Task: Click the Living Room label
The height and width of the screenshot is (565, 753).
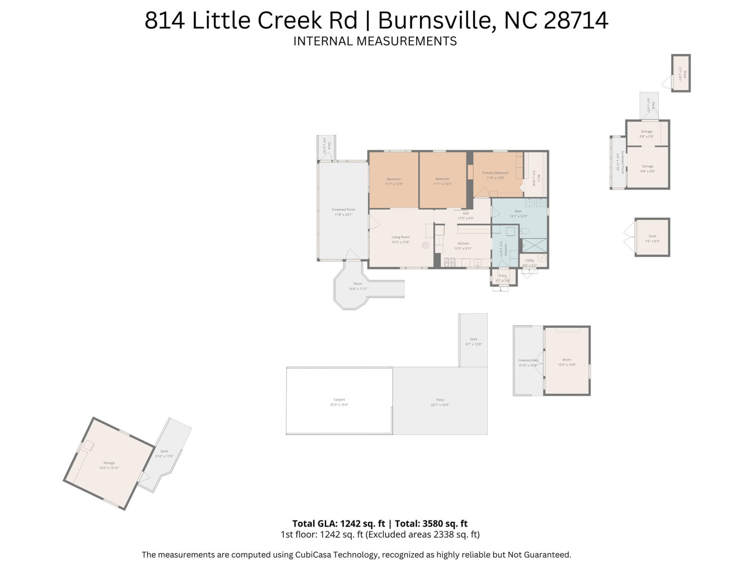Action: (x=400, y=237)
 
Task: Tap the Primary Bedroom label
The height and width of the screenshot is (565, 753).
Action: (x=495, y=173)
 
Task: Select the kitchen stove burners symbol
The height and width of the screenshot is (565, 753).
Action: (x=449, y=262)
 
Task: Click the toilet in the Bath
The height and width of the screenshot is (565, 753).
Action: (x=525, y=231)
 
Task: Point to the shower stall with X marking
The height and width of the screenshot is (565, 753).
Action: (x=534, y=245)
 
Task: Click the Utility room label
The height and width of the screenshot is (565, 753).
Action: (x=529, y=260)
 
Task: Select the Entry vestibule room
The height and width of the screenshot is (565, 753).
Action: (x=503, y=277)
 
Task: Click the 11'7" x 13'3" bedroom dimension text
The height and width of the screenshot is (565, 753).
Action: (x=394, y=184)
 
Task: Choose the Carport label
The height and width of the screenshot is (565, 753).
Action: (x=339, y=399)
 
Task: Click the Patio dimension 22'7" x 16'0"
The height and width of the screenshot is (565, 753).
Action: (x=440, y=405)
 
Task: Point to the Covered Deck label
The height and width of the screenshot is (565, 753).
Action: (x=528, y=360)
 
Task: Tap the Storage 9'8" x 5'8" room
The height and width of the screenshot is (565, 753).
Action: (x=646, y=134)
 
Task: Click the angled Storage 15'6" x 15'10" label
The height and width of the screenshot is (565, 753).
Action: (x=109, y=463)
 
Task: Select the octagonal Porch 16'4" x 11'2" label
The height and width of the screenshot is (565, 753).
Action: (x=358, y=284)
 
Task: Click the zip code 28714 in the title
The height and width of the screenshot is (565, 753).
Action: (x=576, y=20)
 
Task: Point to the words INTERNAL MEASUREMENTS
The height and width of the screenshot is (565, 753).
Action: (x=375, y=41)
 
